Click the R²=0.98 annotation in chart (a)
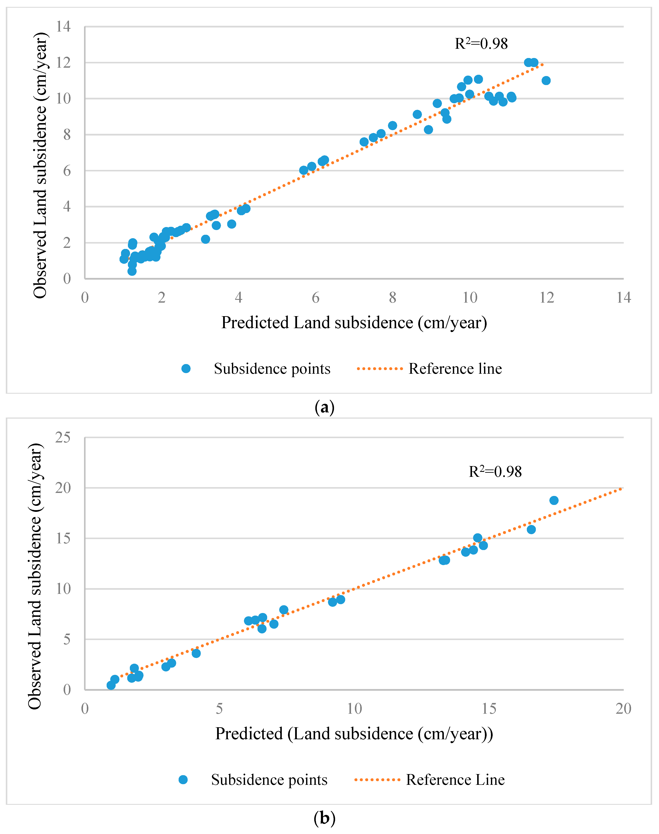click(481, 44)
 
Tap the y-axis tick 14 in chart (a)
click(63, 27)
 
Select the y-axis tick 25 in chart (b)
click(63, 438)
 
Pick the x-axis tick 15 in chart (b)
click(489, 709)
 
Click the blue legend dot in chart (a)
click(186, 369)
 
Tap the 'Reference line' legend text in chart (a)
click(455, 369)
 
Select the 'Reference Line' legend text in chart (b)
click(455, 780)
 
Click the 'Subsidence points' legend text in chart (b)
click(269, 780)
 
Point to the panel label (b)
click(325, 818)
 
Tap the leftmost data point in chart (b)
click(111, 685)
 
